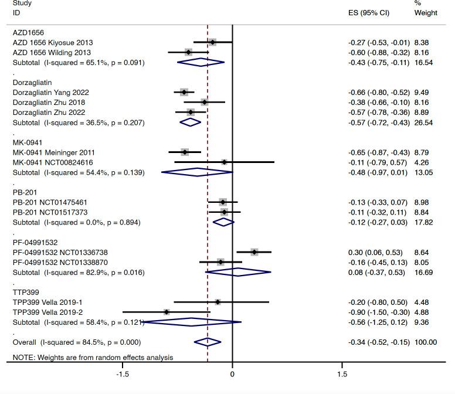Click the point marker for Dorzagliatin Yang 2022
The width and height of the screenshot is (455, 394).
click(x=184, y=92)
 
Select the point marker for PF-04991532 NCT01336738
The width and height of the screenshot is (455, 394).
click(x=254, y=252)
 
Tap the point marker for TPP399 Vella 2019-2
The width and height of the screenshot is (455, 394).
click(x=167, y=312)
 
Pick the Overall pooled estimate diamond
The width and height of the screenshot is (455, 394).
click(x=208, y=342)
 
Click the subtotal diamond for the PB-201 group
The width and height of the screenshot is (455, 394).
click(x=223, y=222)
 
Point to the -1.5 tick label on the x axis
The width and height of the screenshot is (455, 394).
click(x=122, y=374)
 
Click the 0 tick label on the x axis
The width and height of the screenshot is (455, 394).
click(x=232, y=374)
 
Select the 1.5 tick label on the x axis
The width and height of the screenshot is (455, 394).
click(x=342, y=374)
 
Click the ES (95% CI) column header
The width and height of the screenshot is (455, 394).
click(x=369, y=13)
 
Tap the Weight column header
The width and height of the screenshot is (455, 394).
click(x=426, y=13)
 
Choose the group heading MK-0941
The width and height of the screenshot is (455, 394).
click(x=27, y=142)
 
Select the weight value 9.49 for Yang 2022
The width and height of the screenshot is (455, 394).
click(x=421, y=92)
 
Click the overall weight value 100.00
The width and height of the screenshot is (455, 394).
click(x=425, y=342)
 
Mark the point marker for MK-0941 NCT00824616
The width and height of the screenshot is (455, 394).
click(x=225, y=162)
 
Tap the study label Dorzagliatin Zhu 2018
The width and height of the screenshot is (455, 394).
click(x=49, y=102)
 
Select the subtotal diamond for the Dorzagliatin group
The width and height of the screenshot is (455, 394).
click(x=190, y=123)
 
